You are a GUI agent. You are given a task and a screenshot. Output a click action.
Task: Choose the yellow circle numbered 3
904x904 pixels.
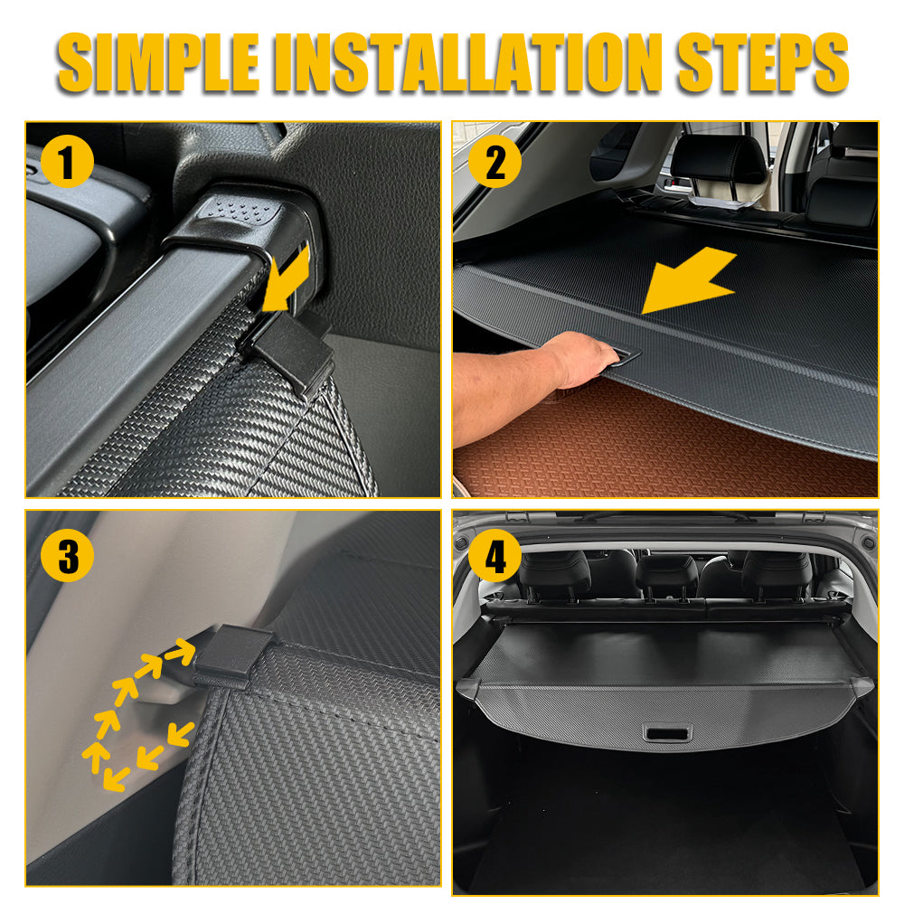(x=67, y=555)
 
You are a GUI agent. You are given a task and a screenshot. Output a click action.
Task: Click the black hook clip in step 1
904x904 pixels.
(x=287, y=353)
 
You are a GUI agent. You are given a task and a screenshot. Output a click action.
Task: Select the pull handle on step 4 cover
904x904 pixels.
(x=667, y=732)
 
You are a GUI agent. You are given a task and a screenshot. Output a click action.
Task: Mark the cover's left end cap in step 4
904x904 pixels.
(x=467, y=689)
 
